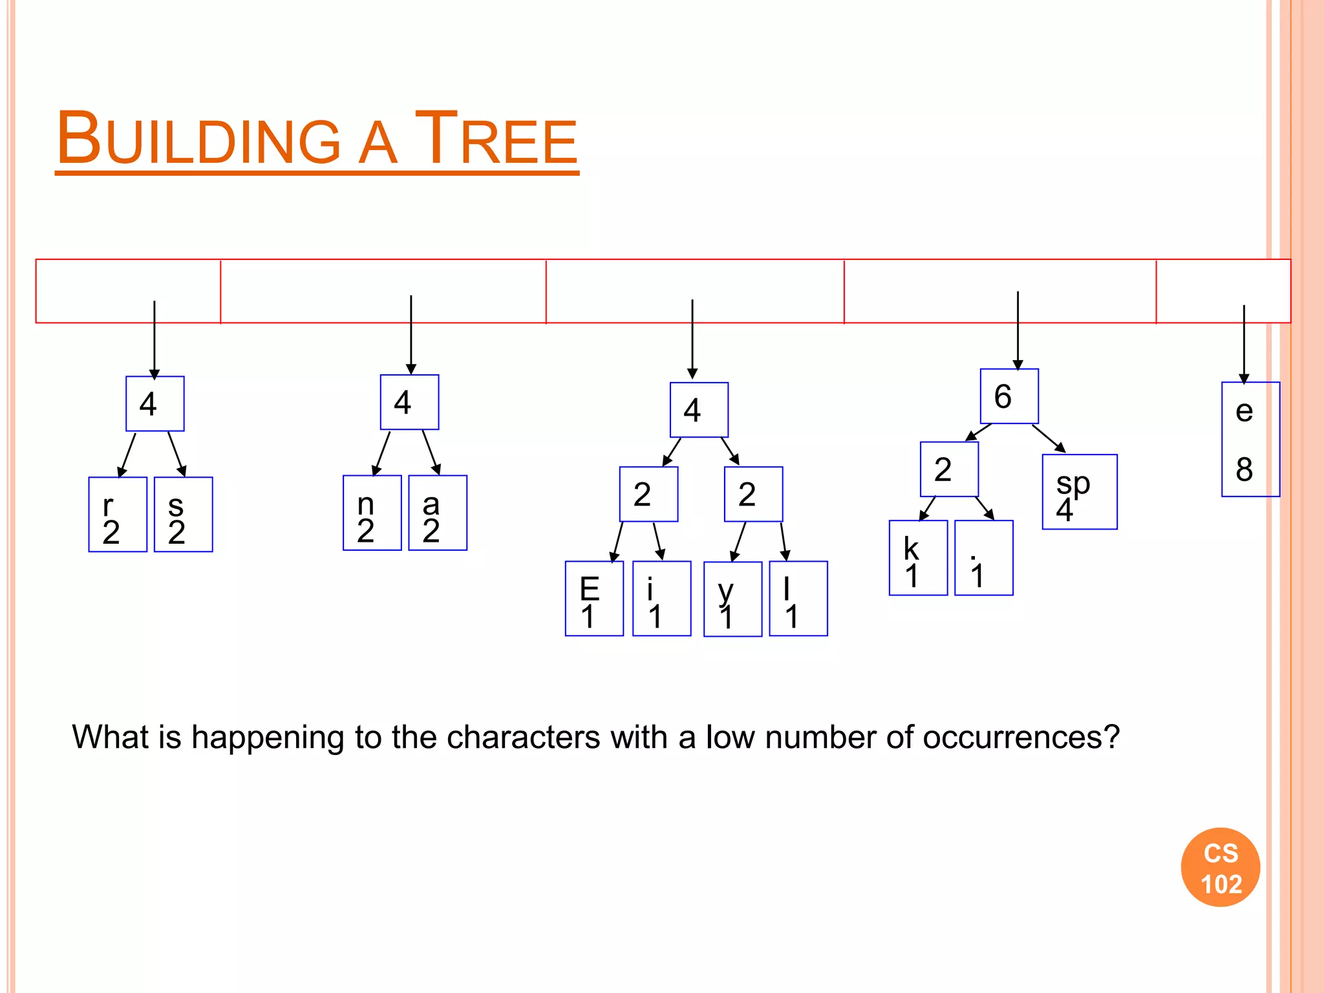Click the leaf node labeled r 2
(118, 515)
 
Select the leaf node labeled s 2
(184, 515)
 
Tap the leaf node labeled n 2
(372, 513)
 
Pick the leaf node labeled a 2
(438, 513)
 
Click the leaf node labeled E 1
(594, 599)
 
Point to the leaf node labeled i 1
(661, 599)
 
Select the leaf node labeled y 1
(732, 599)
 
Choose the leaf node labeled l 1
(798, 599)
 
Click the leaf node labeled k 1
(918, 558)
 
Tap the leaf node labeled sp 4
(1080, 492)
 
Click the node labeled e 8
(1250, 440)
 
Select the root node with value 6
(1009, 396)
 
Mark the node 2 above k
(949, 469)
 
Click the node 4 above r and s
(155, 404)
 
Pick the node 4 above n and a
(409, 402)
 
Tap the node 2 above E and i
(648, 495)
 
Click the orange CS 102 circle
(1221, 868)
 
